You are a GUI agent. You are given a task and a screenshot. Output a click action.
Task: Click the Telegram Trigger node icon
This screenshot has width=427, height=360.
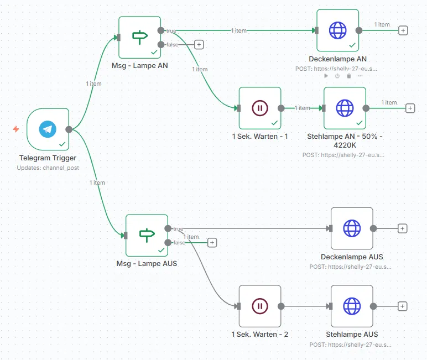tap(48, 129)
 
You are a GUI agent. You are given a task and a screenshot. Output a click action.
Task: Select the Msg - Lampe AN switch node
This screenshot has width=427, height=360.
tap(140, 37)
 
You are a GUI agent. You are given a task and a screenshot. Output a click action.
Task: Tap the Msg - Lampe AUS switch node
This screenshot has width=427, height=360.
tap(147, 235)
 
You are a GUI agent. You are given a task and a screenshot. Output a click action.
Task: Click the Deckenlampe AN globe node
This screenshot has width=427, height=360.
tap(337, 30)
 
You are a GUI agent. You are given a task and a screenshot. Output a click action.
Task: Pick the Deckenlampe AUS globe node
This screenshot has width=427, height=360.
tap(352, 228)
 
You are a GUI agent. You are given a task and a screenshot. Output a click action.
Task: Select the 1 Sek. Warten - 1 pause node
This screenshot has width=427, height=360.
tap(259, 108)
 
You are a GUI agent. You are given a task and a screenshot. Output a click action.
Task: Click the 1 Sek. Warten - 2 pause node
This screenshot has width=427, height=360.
tap(259, 306)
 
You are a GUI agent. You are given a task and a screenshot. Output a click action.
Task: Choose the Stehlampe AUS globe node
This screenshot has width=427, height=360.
tap(352, 306)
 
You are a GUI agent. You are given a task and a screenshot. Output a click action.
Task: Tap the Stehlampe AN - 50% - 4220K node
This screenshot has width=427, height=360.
tap(345, 108)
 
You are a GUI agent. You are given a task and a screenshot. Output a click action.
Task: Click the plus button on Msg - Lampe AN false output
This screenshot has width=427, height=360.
tap(199, 44)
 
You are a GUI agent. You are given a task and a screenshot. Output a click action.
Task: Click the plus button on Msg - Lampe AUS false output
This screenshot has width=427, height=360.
tap(212, 242)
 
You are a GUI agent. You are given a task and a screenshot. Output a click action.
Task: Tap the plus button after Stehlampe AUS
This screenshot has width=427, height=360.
tap(403, 306)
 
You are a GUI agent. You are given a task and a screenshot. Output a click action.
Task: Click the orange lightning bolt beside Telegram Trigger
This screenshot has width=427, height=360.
tap(16, 129)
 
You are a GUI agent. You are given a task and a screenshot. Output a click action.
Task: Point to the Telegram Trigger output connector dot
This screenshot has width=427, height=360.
tap(69, 129)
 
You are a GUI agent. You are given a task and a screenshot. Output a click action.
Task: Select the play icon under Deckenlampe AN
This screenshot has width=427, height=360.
tap(326, 76)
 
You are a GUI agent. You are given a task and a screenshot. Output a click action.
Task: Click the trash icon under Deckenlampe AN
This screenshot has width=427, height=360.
tap(349, 76)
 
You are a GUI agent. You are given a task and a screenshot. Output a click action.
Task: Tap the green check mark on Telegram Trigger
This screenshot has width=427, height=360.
tap(62, 144)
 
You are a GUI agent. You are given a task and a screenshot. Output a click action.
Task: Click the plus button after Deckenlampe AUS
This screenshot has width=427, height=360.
tap(403, 228)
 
